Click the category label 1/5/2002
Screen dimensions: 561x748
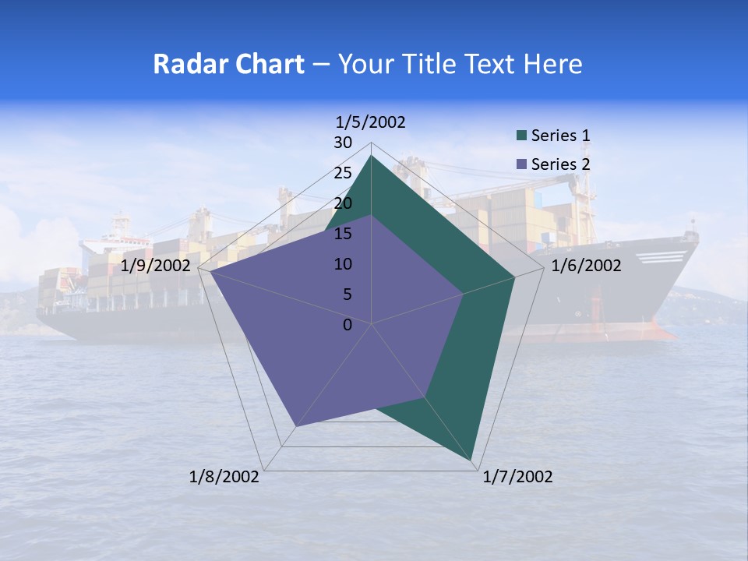370,122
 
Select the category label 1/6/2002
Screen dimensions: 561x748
586,266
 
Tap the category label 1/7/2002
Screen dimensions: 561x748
517,477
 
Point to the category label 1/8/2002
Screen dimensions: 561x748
224,477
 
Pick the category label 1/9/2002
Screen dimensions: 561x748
156,266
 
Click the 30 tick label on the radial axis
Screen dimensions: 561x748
343,143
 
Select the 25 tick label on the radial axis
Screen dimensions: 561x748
343,173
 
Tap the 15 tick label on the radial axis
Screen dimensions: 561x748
343,234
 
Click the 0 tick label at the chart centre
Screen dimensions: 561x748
348,325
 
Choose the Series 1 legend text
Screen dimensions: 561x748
560,136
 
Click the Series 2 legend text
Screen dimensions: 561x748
560,164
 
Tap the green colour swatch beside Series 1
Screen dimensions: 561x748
522,136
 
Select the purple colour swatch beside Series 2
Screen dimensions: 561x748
522,164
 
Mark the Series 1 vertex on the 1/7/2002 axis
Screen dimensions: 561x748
472,460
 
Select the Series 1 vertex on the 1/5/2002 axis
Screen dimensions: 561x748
371,155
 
